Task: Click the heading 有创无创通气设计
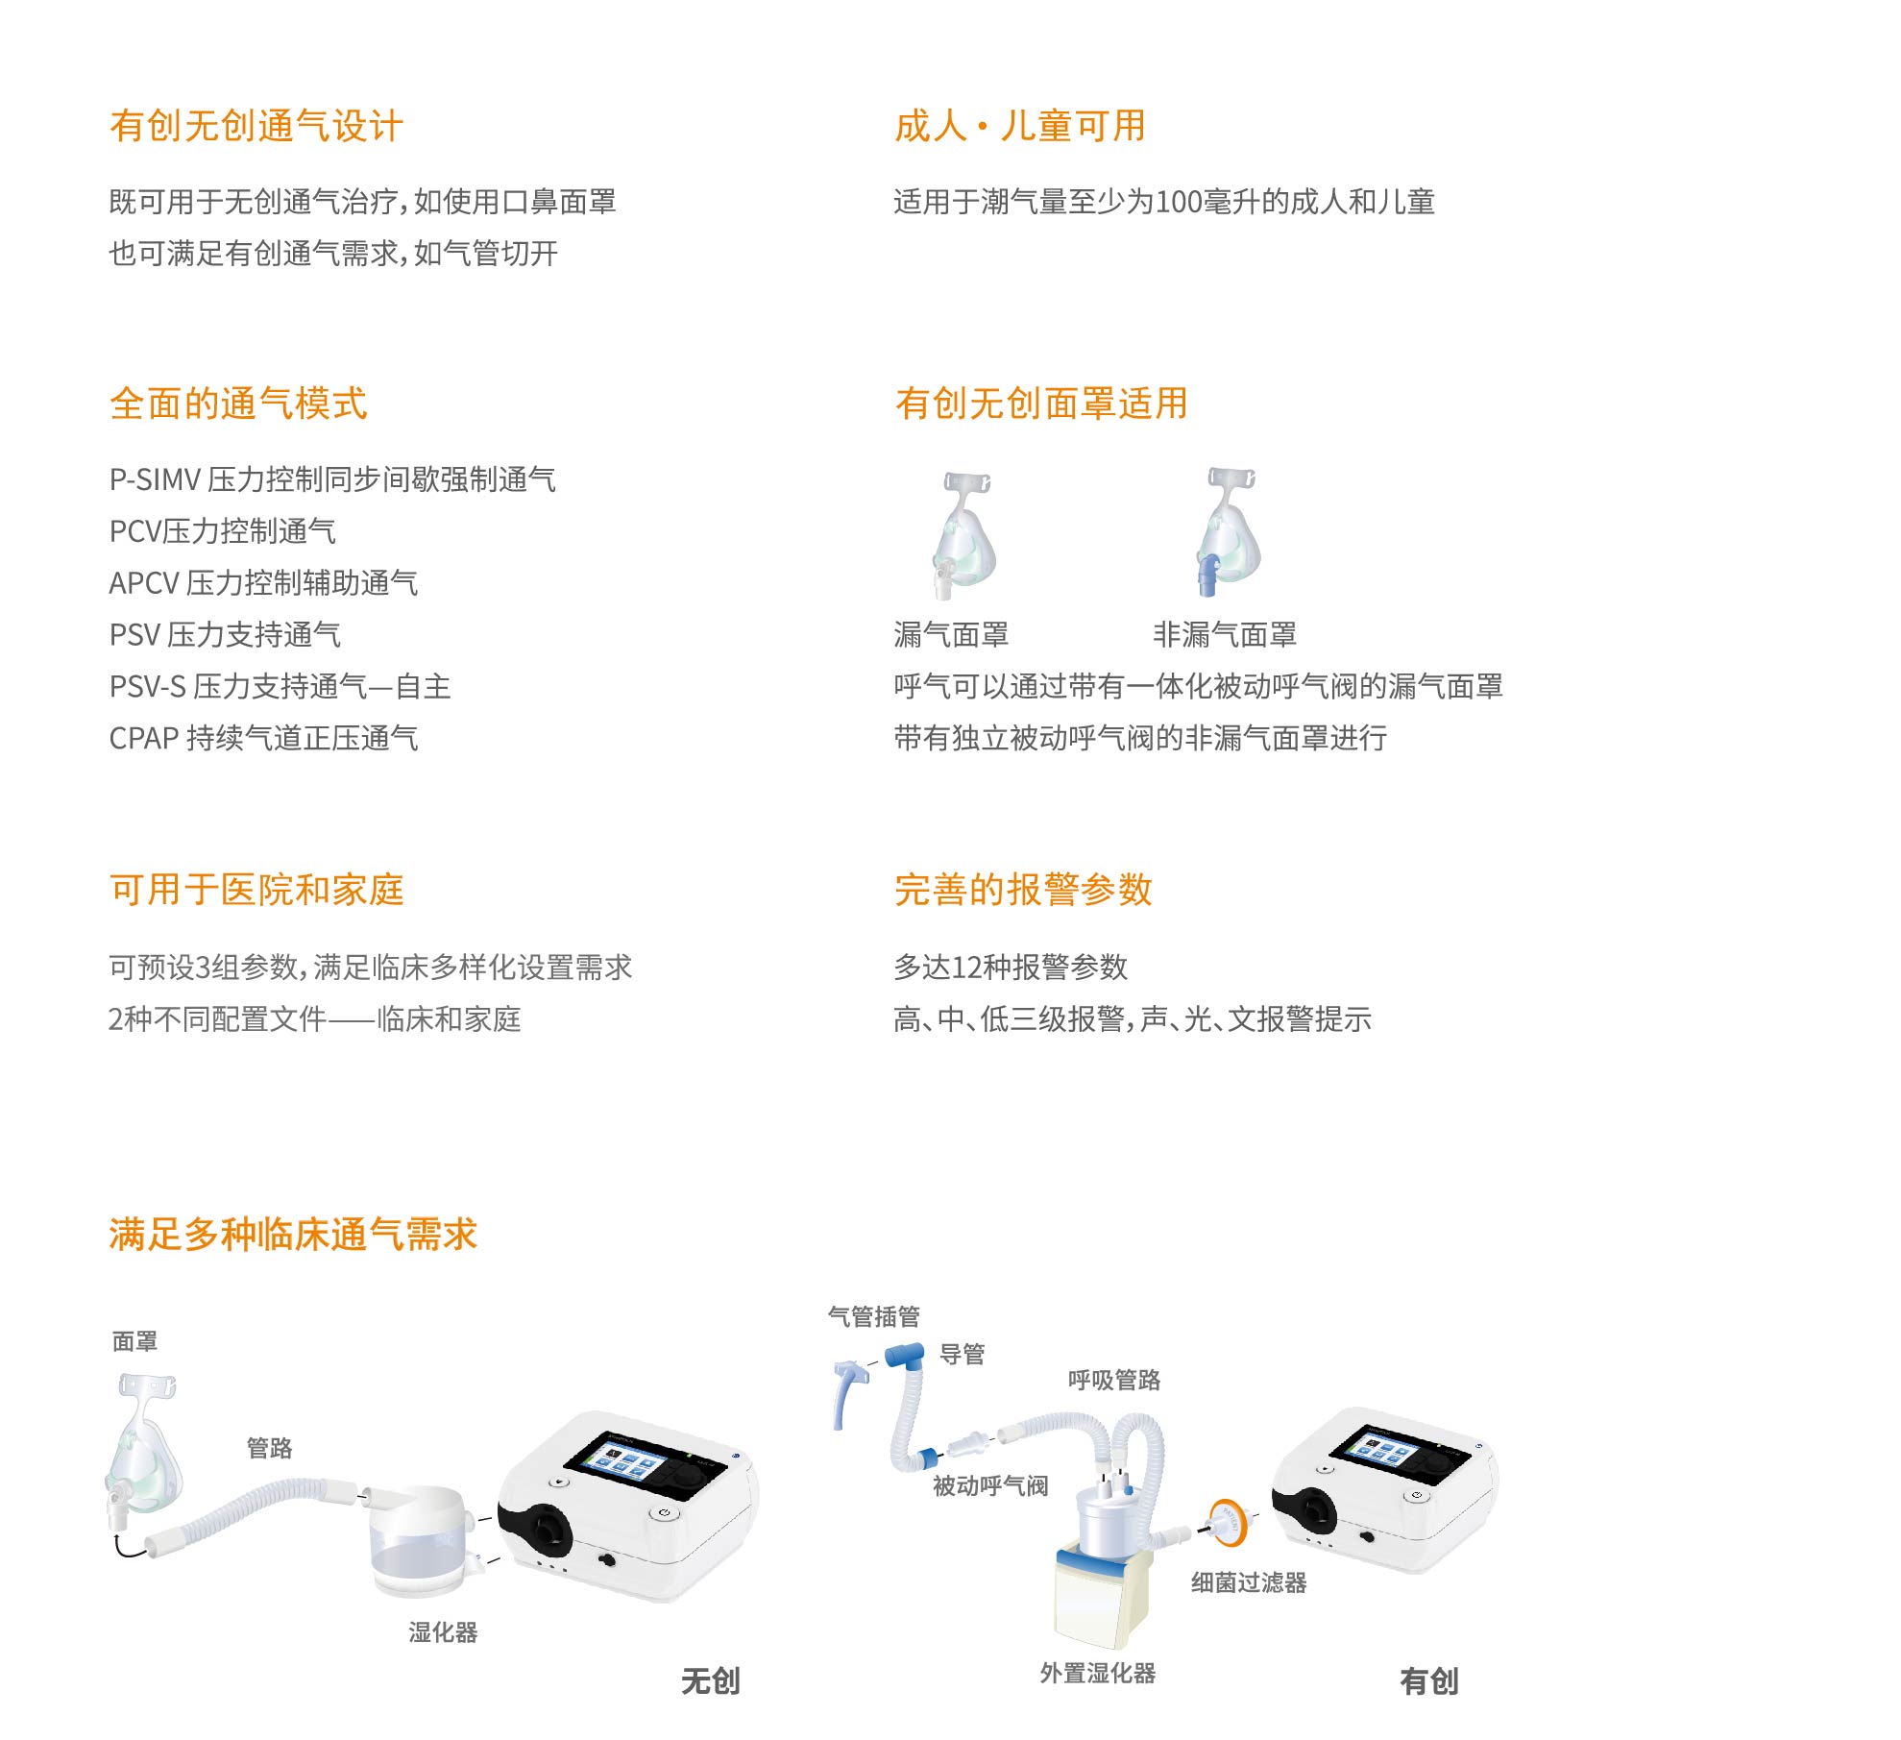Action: click(256, 126)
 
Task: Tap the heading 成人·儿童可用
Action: click(1020, 126)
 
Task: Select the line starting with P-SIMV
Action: click(332, 478)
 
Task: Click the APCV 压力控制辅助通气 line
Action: click(263, 582)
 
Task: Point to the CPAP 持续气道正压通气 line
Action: click(263, 738)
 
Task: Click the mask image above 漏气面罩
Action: click(963, 534)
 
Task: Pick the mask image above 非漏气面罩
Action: click(1229, 531)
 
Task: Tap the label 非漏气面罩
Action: click(1225, 634)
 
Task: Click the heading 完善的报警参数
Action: click(1023, 890)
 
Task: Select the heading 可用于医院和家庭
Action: click(256, 890)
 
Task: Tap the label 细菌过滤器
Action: click(1249, 1582)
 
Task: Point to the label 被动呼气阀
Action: click(990, 1485)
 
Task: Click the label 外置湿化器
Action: click(1098, 1673)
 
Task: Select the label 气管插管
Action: click(874, 1316)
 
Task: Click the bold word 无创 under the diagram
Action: click(711, 1680)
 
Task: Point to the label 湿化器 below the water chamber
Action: click(443, 1632)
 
